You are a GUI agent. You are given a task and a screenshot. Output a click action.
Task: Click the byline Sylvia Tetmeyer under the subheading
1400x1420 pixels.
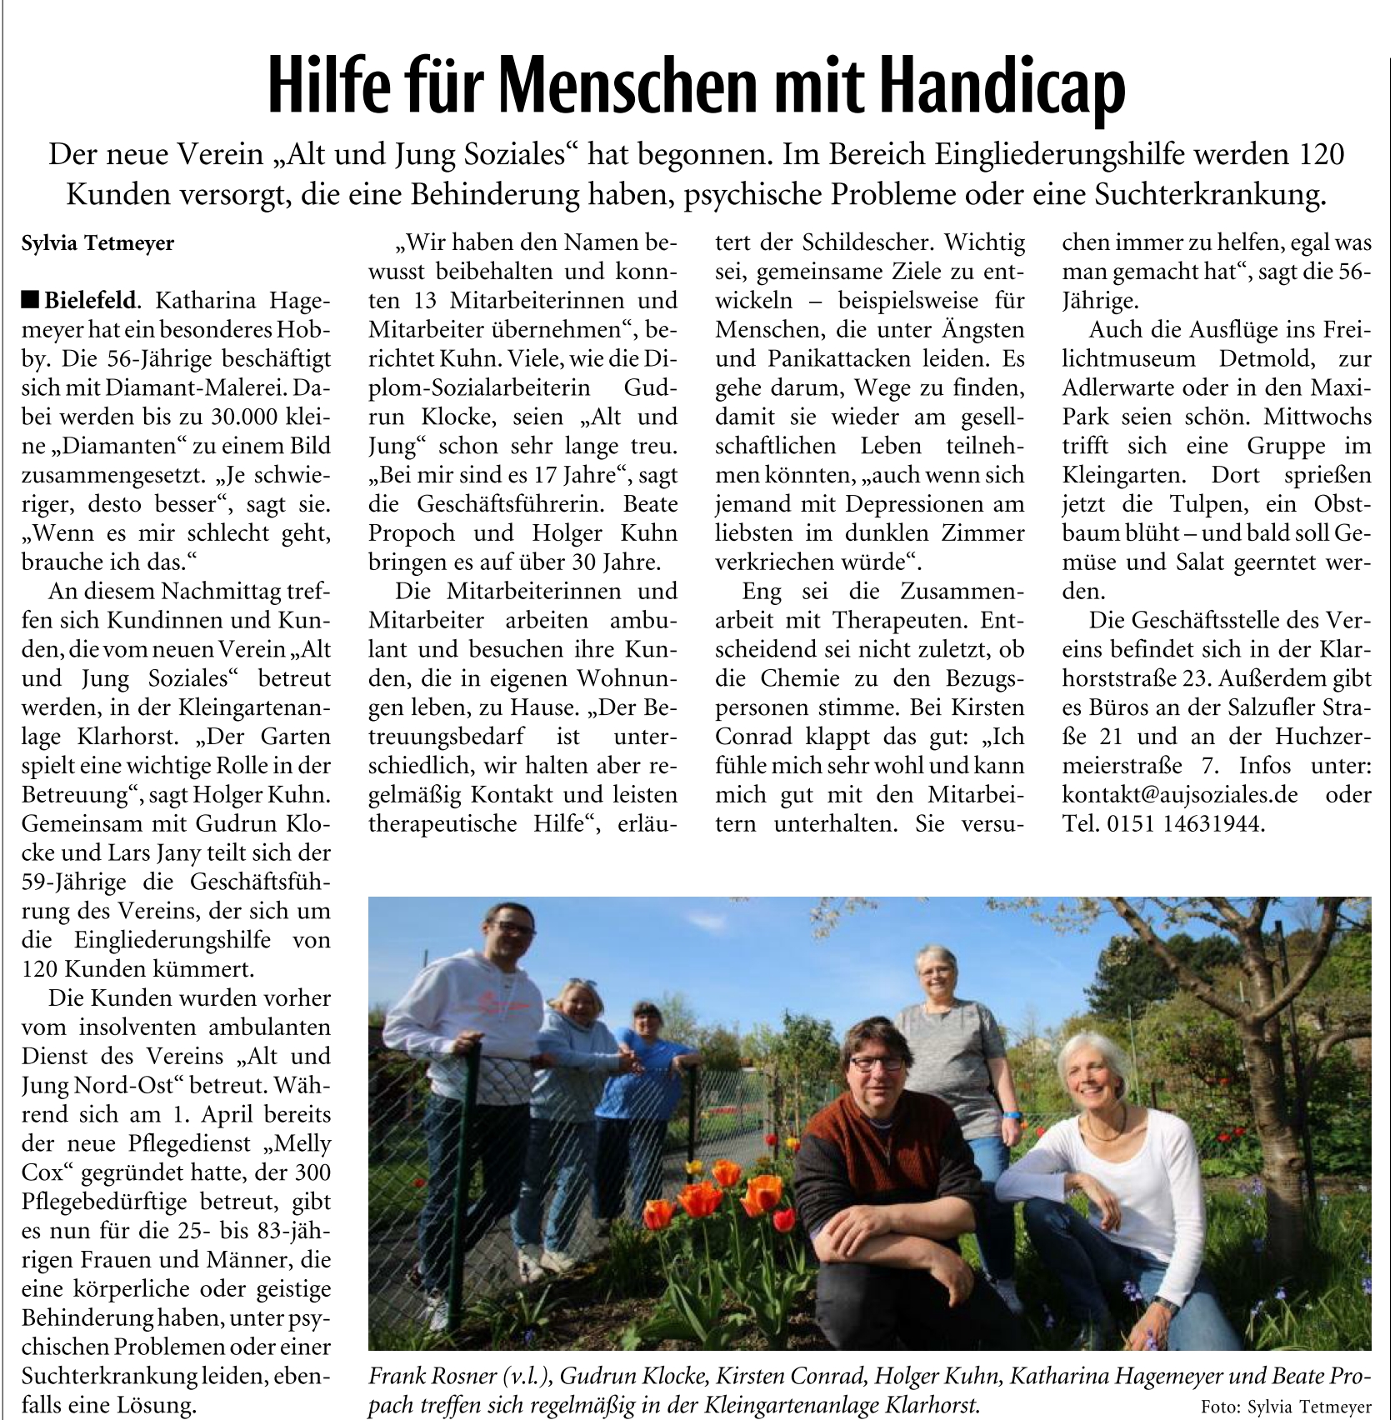pyautogui.click(x=97, y=243)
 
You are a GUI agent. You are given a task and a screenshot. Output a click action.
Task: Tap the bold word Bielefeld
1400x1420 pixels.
pyautogui.click(x=91, y=301)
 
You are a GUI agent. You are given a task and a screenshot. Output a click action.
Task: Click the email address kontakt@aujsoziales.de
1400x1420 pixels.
pyautogui.click(x=1179, y=795)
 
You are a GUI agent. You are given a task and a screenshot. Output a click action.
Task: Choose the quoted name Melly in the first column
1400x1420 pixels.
pyautogui.click(x=303, y=1144)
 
